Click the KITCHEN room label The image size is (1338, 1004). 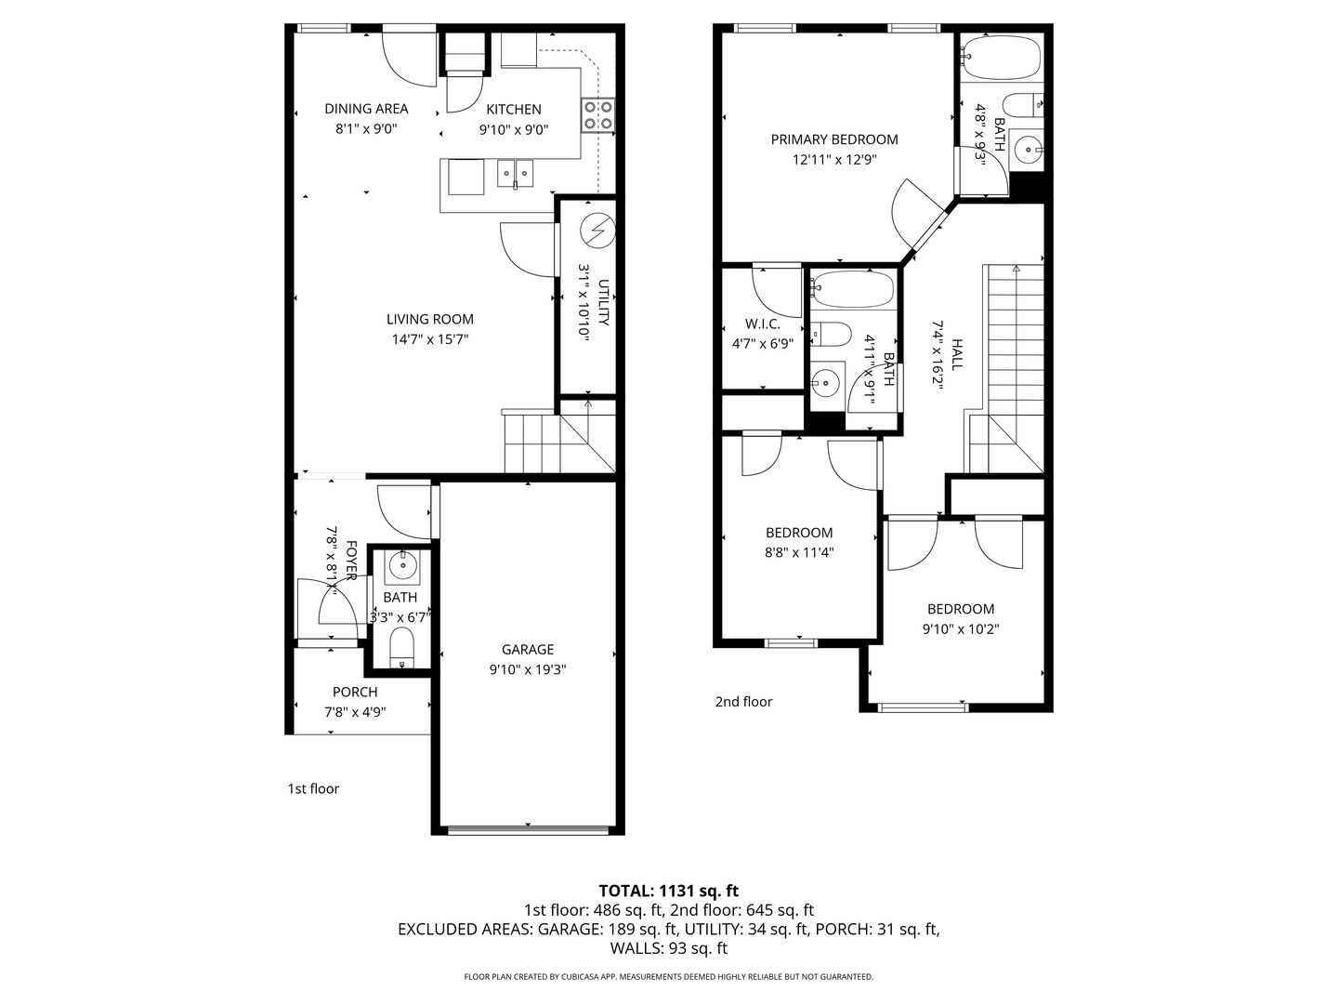coord(513,109)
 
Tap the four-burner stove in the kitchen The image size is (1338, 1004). coord(597,115)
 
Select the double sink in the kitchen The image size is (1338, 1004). coord(515,174)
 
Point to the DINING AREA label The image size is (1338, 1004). coord(366,109)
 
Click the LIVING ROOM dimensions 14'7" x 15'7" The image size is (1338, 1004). coord(430,339)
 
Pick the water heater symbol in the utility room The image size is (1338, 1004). coord(597,231)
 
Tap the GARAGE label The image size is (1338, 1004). coord(528,649)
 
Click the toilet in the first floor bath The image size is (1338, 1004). coord(401,648)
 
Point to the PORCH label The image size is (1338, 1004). coord(355,692)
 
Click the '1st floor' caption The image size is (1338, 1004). coord(313,789)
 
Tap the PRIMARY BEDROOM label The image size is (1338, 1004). coord(834,139)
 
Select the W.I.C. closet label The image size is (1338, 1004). coord(763,324)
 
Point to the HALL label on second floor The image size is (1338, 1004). coord(956,354)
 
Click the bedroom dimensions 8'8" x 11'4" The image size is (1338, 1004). coord(799,552)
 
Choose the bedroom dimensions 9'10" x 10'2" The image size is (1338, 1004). coord(961,628)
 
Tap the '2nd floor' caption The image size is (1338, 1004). coord(743,702)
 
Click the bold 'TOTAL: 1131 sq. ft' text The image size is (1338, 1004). coord(669,891)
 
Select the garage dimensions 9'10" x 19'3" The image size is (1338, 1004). coord(528,669)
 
